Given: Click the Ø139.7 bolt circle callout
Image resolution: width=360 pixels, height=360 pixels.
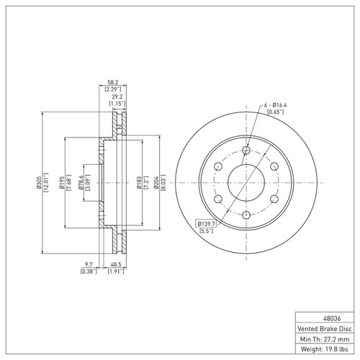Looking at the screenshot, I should pyautogui.click(x=207, y=225).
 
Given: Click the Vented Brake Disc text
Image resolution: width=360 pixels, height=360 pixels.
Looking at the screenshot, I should pyautogui.click(x=325, y=326).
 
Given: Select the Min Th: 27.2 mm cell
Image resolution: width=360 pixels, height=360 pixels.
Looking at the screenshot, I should pyautogui.click(x=325, y=337).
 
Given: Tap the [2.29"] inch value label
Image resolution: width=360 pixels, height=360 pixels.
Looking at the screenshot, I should pyautogui.click(x=113, y=89).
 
